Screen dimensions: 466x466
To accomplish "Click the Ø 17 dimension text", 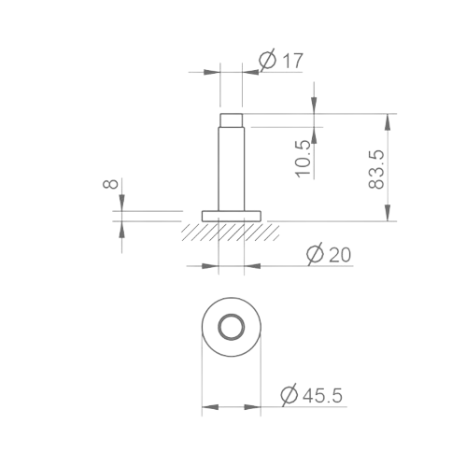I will (281, 61).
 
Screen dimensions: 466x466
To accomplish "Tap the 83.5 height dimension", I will (377, 168).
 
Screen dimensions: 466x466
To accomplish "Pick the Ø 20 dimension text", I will (328, 254).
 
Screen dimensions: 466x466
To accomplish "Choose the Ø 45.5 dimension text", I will (311, 395).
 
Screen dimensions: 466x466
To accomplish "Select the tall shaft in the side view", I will (231, 168).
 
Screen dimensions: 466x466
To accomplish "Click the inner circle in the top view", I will (231, 328).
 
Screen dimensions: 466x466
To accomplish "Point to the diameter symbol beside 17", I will (265, 61).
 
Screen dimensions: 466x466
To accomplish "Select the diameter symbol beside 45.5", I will (289, 395).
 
